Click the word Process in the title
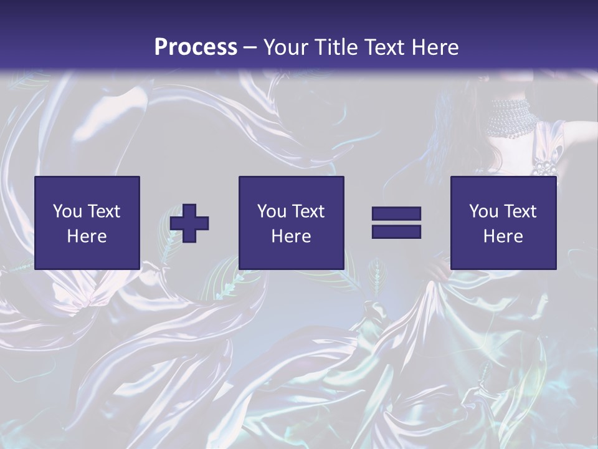(196, 47)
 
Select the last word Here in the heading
(434, 47)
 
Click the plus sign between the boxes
(189, 223)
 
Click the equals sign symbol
(396, 223)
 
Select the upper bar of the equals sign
(396, 214)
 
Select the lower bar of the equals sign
(396, 231)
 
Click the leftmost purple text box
(87, 223)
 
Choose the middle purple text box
(291, 223)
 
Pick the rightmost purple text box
(503, 223)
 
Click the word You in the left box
(67, 211)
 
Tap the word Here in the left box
(87, 236)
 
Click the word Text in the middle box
(308, 211)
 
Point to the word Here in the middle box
(291, 236)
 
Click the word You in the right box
(483, 211)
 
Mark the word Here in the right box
(503, 236)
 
